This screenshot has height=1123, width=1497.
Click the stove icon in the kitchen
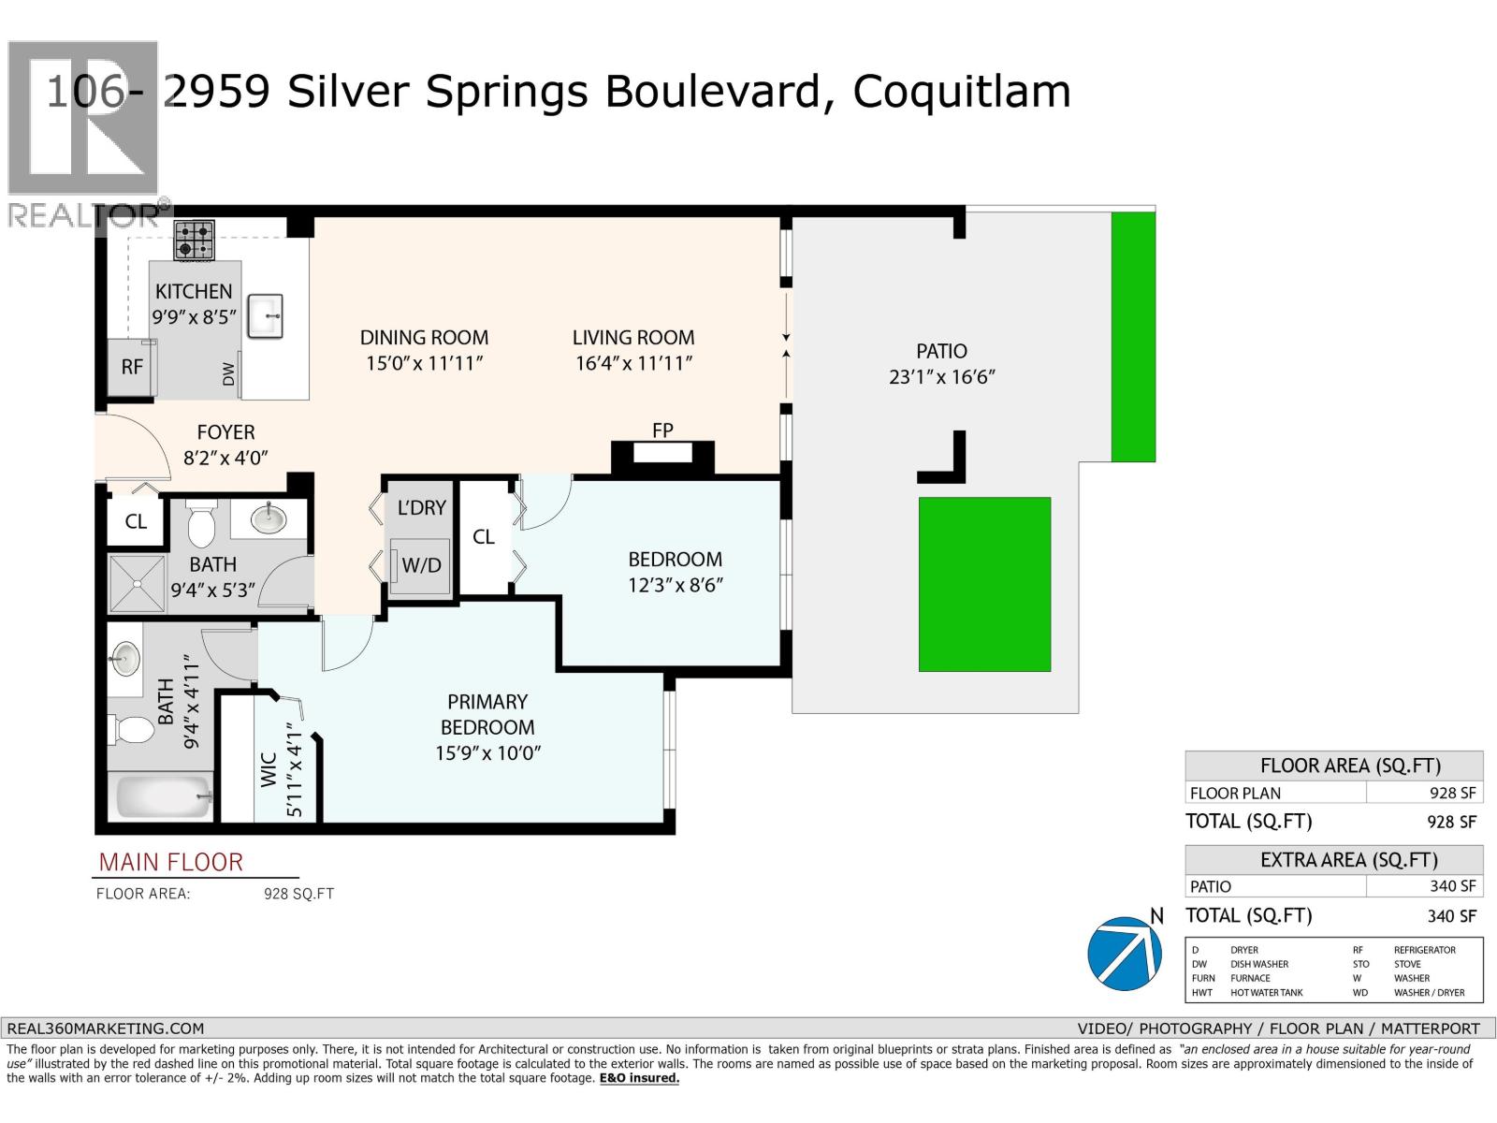pos(195,241)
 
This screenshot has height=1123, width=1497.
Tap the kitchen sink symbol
pos(266,316)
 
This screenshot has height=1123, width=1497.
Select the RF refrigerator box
pos(132,368)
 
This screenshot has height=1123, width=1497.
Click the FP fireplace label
pos(662,430)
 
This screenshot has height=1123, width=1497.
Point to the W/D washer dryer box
pos(421,565)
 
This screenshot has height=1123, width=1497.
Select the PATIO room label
pos(941,351)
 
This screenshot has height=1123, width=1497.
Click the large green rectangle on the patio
pos(984,584)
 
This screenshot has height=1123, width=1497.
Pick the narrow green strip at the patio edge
pos(1133,337)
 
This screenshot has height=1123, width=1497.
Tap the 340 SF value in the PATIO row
pos(1451,885)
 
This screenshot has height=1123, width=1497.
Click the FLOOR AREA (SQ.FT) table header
pos(1333,766)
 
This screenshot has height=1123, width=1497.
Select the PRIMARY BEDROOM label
pos(487,714)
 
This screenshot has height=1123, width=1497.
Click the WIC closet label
pos(269,769)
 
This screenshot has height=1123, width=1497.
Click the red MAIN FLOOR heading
pos(170,862)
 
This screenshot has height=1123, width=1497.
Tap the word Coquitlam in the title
pos(962,92)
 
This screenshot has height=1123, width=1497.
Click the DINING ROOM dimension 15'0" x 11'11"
pos(424,363)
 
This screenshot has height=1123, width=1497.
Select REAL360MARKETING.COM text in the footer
pos(105,1028)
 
